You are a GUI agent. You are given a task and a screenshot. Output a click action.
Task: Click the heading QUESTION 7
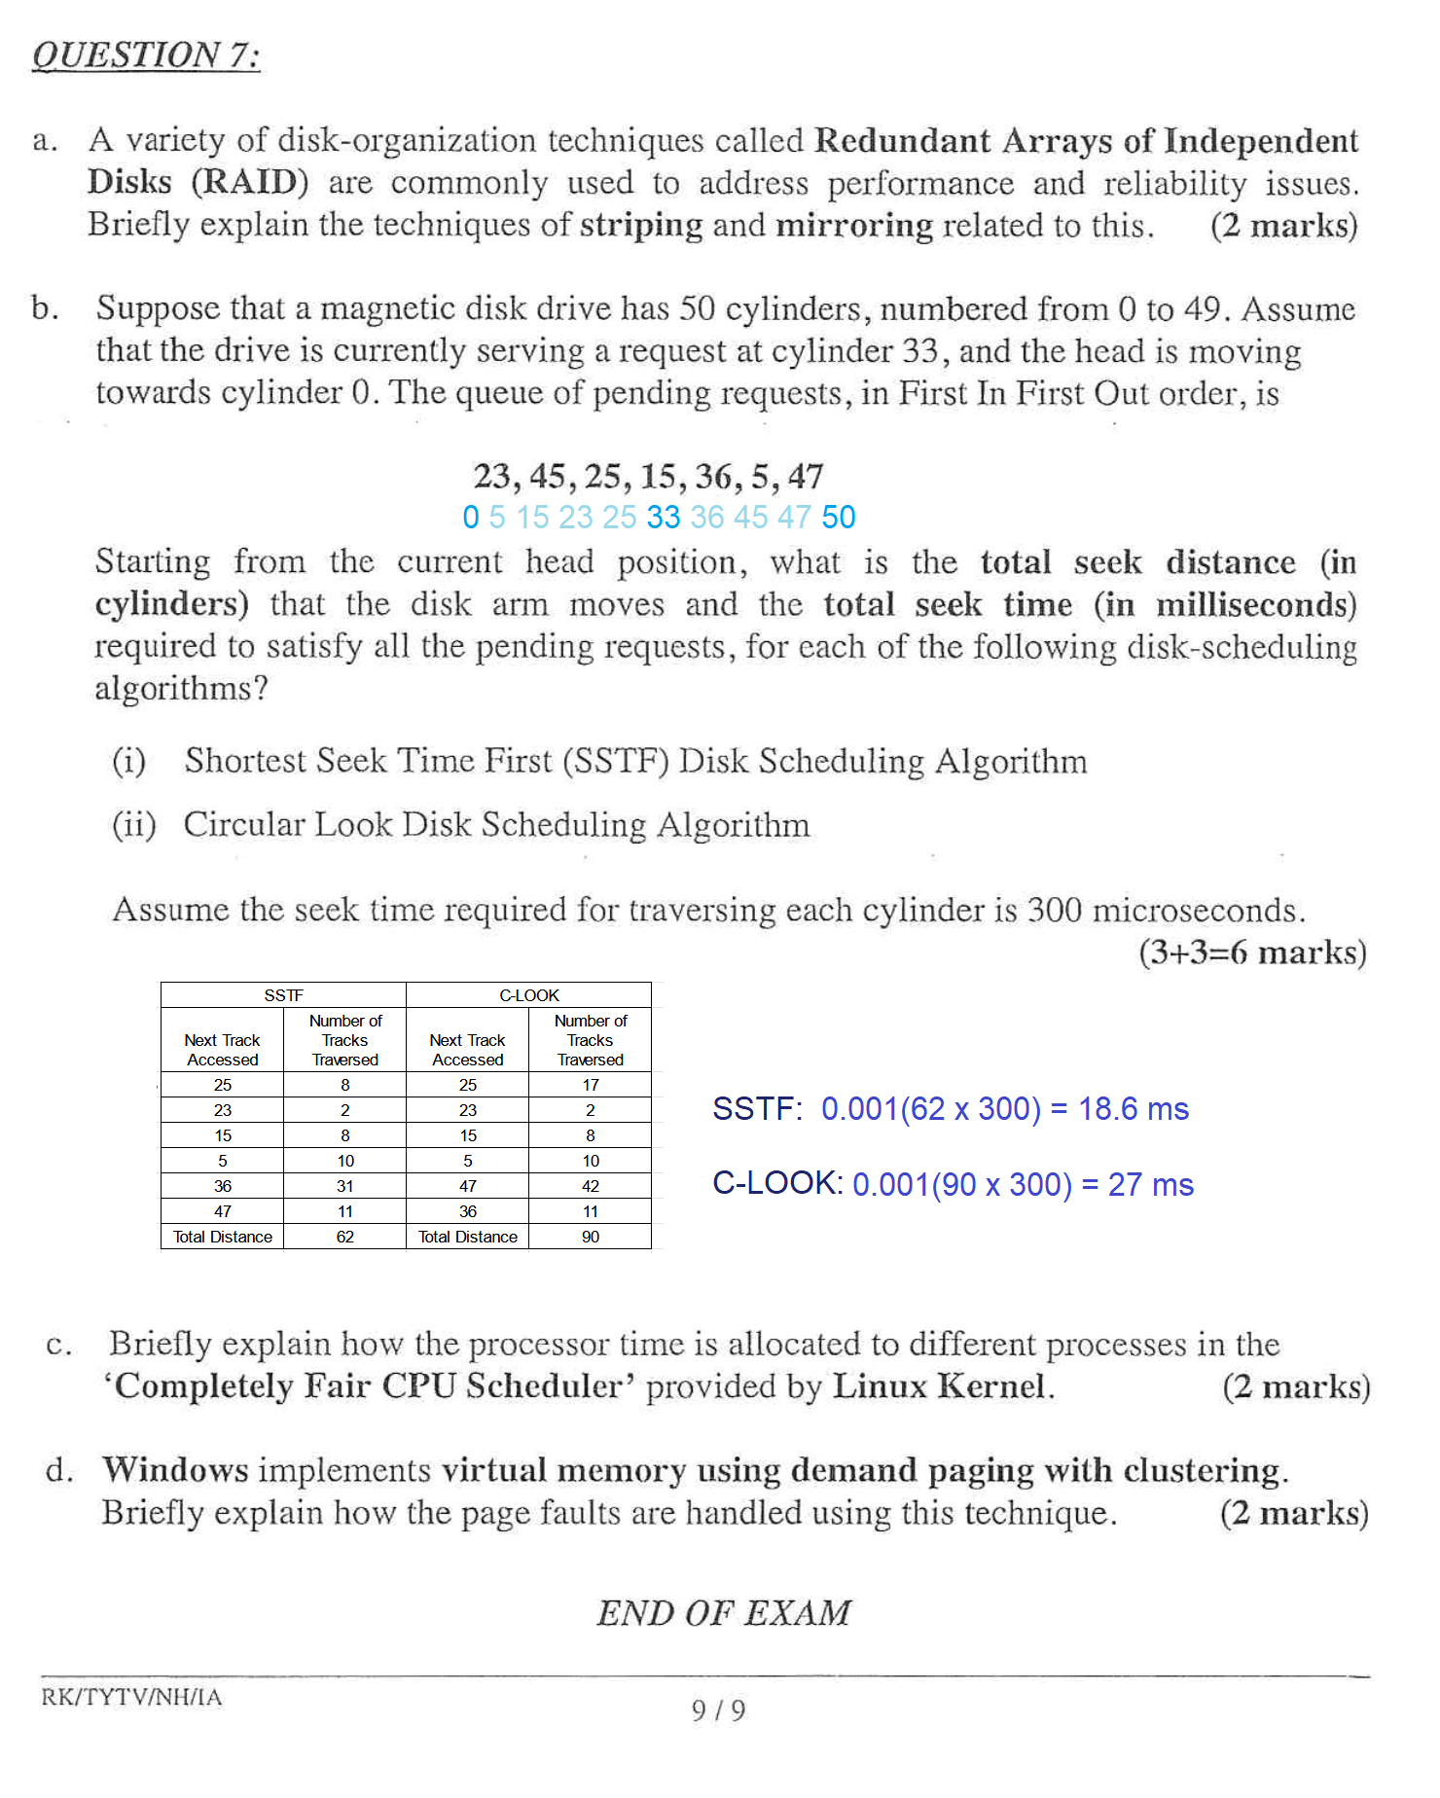[x=146, y=55]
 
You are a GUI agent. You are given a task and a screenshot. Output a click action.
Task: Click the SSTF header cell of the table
[x=283, y=995]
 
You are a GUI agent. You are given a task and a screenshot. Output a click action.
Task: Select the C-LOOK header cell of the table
[x=528, y=995]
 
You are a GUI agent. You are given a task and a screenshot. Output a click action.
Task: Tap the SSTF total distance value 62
[x=345, y=1237]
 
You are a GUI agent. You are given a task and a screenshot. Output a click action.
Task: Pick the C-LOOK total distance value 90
[x=591, y=1237]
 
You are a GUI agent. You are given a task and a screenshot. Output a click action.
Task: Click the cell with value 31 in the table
[x=345, y=1186]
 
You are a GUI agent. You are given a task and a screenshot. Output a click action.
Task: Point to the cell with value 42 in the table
[x=591, y=1186]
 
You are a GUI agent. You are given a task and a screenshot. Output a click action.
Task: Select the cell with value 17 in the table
[x=591, y=1085]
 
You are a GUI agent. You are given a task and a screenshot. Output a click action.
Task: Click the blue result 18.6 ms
[x=1134, y=1109]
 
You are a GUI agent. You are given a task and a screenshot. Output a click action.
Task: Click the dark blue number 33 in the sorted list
[x=664, y=518]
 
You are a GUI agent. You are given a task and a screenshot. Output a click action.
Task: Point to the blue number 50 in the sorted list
[x=838, y=518]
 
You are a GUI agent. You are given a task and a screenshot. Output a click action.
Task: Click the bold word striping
[x=641, y=226]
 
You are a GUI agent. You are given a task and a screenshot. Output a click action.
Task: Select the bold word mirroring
[x=854, y=226]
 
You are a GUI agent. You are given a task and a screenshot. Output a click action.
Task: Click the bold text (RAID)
[x=250, y=183]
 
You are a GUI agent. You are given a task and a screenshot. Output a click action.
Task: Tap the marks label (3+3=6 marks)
[x=1252, y=953]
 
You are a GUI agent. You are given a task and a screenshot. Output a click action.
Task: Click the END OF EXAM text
[x=724, y=1613]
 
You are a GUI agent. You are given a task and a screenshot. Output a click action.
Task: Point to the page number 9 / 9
[x=718, y=1710]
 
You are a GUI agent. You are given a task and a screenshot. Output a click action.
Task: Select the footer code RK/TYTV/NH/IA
[x=131, y=1698]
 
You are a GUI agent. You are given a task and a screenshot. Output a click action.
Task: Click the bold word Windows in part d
[x=176, y=1470]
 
